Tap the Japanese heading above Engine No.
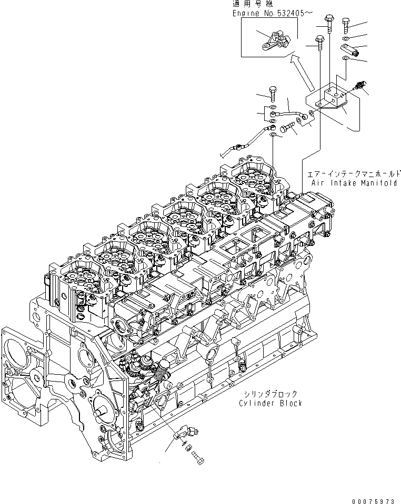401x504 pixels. click(x=249, y=4)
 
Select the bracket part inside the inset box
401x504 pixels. click(x=273, y=42)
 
